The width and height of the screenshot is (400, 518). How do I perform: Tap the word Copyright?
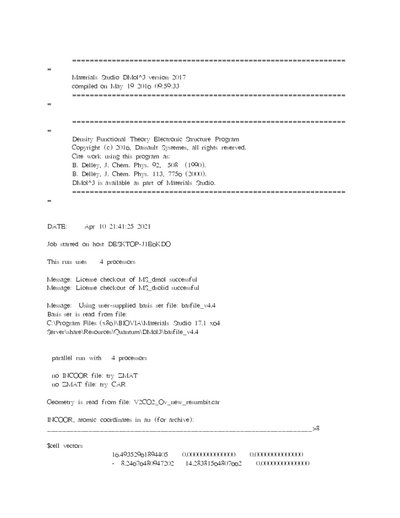click(x=85, y=147)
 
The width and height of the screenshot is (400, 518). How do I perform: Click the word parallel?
click(x=64, y=358)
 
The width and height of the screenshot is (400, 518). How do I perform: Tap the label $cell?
click(x=54, y=446)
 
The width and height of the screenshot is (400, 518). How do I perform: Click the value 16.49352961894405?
click(x=140, y=454)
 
